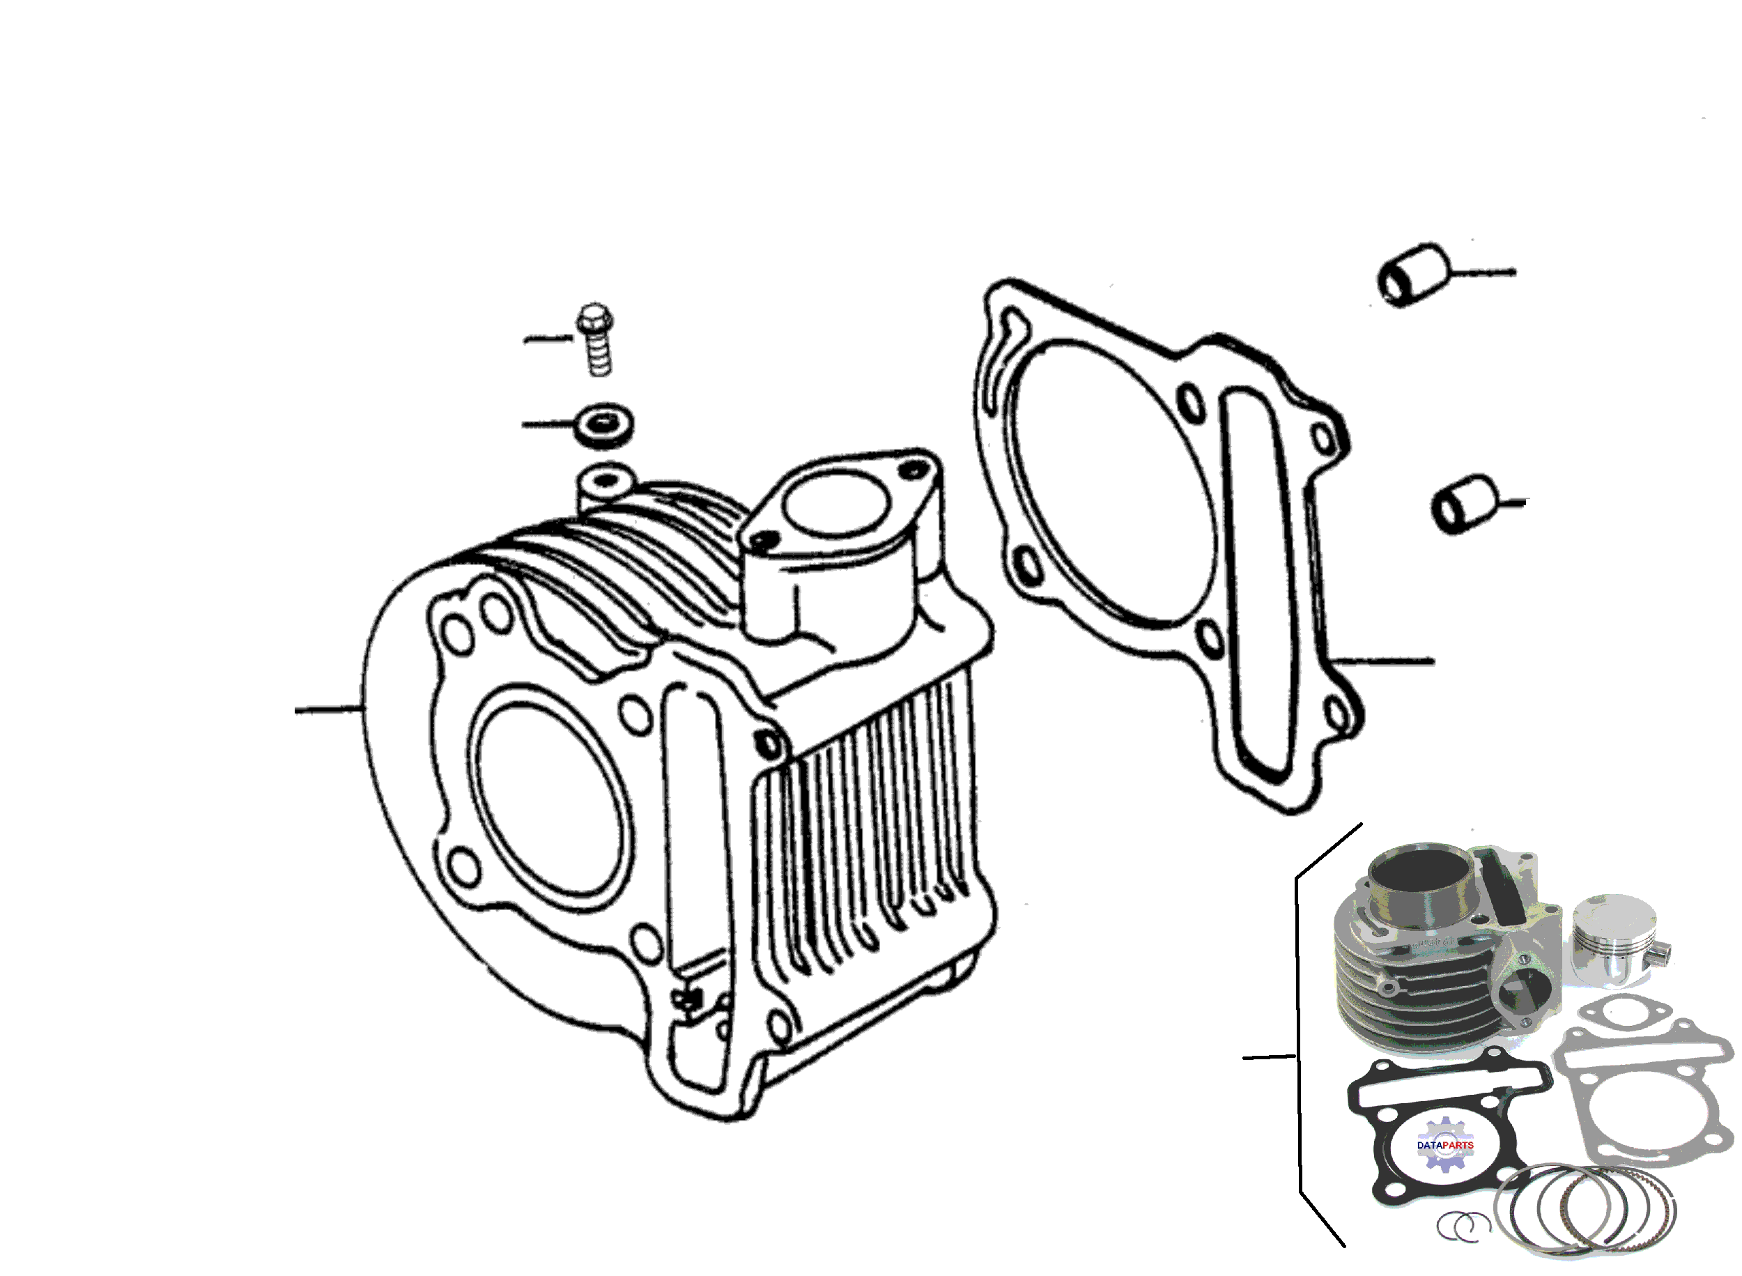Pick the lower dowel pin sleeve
pos(1464,504)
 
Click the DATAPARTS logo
pos(1445,1146)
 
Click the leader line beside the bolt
pos(549,338)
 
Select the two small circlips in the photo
pos(1463,1226)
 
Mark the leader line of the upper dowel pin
pos(1483,272)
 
